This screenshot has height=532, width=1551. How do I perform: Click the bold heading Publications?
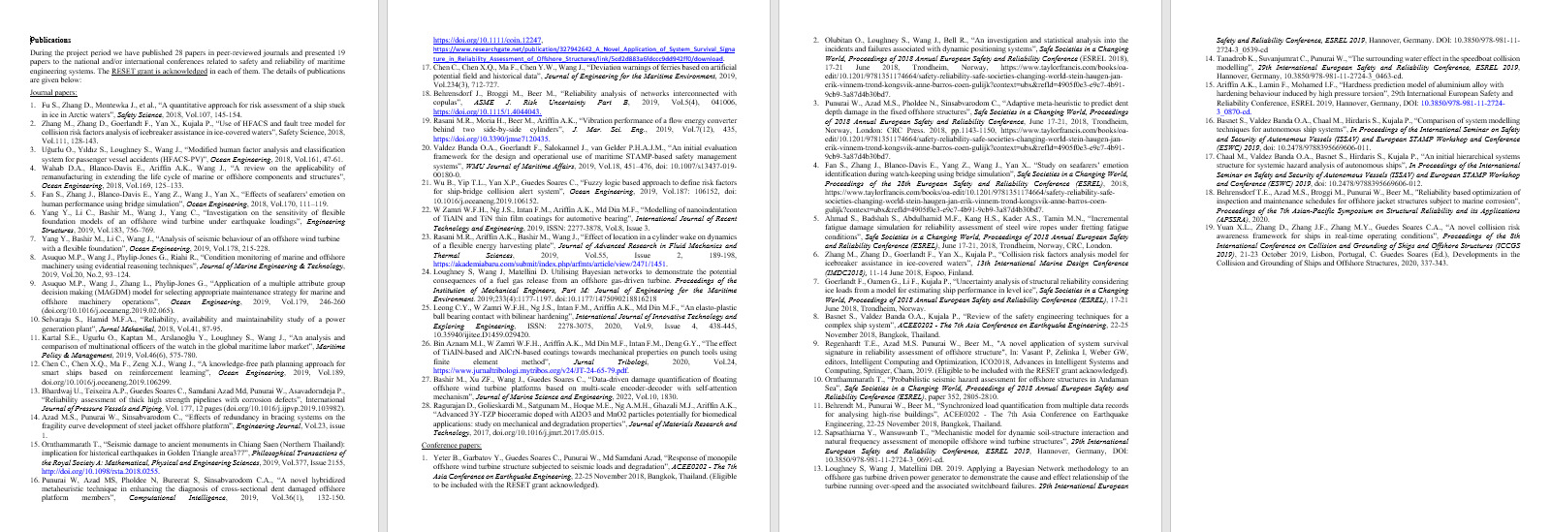point(50,40)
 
